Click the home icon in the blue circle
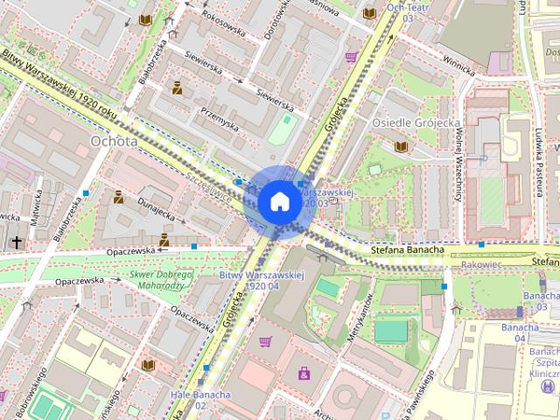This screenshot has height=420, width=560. point(278,201)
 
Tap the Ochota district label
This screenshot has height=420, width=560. point(114,140)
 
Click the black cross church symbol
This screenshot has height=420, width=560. point(17,241)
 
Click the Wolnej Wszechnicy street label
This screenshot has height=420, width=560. point(458,157)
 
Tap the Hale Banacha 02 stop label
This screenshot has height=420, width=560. point(200,400)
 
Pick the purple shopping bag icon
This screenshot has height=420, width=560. point(304,374)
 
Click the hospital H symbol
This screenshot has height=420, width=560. point(549,386)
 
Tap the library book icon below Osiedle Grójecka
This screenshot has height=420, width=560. point(401,146)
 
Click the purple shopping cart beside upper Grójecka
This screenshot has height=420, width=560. point(351,58)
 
